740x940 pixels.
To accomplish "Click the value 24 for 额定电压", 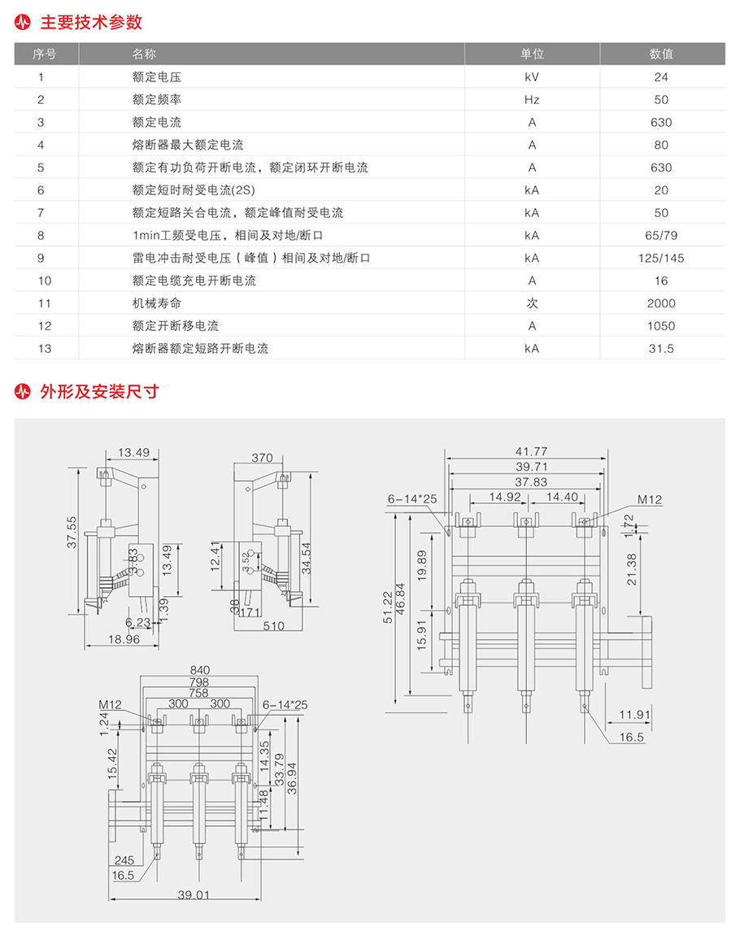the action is [661, 76].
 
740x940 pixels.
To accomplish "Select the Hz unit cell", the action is [532, 99].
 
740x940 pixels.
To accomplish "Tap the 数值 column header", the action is [661, 54].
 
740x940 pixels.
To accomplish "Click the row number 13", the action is [45, 348].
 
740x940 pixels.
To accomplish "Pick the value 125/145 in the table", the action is [661, 258].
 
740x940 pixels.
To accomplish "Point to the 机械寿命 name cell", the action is [156, 303].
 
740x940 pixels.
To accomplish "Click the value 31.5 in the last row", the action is [661, 348].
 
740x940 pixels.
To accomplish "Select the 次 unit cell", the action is [532, 303].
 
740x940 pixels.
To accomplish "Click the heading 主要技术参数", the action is [91, 22].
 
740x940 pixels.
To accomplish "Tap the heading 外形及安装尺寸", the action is [99, 391].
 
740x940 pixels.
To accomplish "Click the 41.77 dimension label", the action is [531, 451].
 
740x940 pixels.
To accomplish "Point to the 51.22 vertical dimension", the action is [387, 607].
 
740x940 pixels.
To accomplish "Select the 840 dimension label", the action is [200, 670].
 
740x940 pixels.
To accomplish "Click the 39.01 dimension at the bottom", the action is [194, 894].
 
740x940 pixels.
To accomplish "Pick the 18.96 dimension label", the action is [124, 639].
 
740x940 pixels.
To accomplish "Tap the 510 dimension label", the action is [273, 626].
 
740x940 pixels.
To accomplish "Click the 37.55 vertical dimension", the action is [72, 533].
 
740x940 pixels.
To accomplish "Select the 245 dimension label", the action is [124, 860].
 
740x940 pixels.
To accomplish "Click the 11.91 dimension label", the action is [634, 715].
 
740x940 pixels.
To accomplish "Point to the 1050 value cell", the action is [661, 326].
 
